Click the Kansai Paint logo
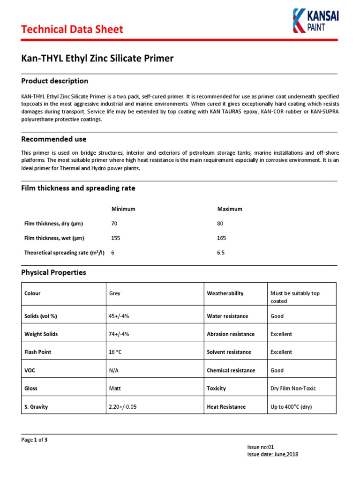coord(315,21)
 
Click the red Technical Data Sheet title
coord(72,30)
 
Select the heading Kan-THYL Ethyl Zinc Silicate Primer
coord(97,59)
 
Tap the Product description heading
coord(55,81)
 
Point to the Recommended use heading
coord(54,139)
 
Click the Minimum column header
coord(123,209)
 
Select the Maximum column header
coord(230,209)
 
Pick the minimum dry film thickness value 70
coord(114,224)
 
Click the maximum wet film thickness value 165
coord(222,238)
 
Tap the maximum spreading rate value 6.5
coord(221,253)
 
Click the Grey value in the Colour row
coord(114,293)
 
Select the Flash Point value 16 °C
coord(116,352)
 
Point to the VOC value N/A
coord(114,370)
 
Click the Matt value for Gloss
coord(114,389)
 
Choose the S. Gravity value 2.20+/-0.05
coord(122,407)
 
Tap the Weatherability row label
coord(225,293)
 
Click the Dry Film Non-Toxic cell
coord(296,389)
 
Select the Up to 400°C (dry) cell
coord(291,407)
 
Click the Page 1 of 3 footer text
coord(34,440)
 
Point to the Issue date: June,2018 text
coord(273,454)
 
